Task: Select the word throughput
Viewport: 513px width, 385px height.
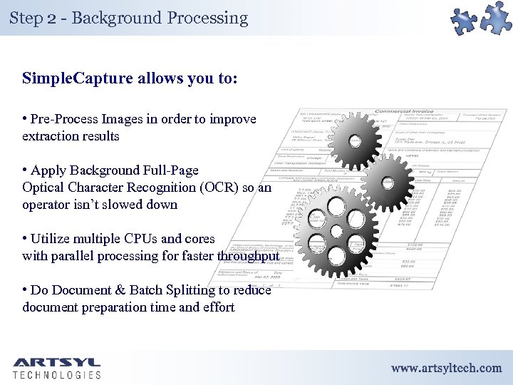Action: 249,256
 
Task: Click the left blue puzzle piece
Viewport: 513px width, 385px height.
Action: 466,21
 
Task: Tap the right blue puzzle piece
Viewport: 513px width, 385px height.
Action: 496,16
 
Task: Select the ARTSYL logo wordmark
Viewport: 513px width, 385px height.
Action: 56,361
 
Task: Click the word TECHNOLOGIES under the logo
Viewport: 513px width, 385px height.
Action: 56,374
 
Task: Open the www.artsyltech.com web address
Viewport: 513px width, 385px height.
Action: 446,368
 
